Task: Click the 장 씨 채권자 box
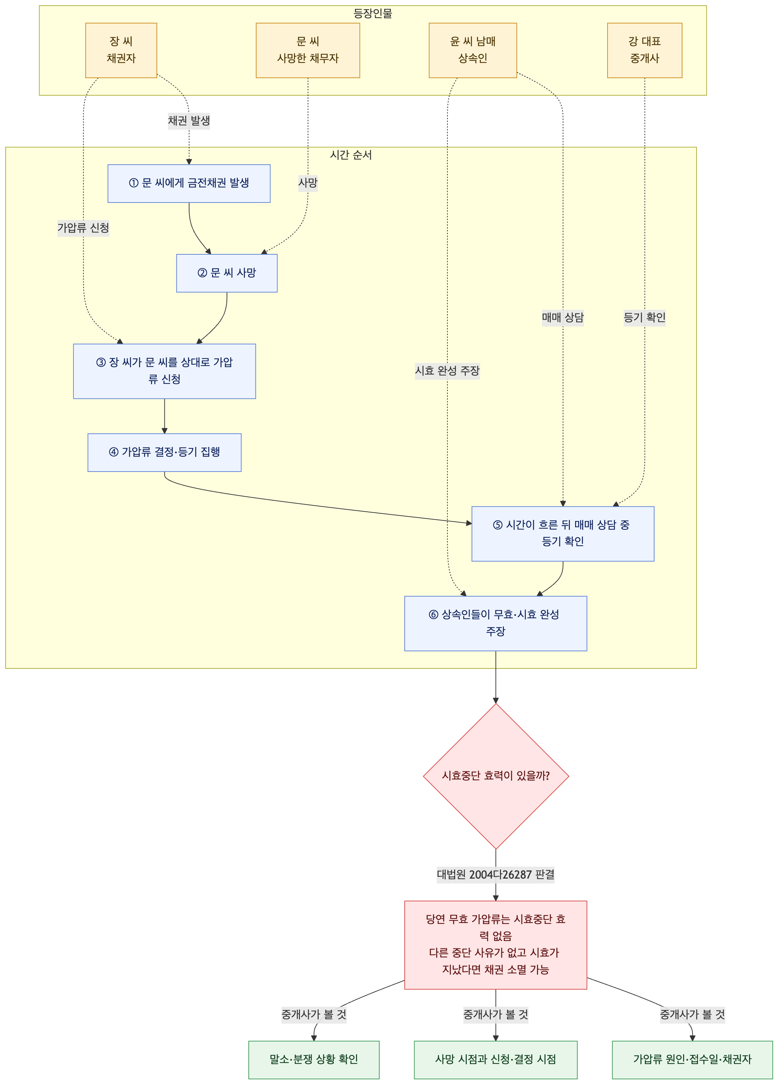(121, 50)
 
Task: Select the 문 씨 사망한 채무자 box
(308, 50)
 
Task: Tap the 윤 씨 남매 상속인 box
(472, 50)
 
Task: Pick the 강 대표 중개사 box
(644, 50)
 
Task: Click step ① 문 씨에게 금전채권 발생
(189, 183)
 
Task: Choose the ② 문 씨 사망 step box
(227, 273)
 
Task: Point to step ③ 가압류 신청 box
(164, 371)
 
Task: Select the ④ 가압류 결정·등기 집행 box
(164, 453)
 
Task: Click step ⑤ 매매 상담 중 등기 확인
(562, 534)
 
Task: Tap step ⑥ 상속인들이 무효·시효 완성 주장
(495, 624)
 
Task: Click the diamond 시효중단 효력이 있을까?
(495, 776)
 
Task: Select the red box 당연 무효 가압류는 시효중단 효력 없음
(495, 945)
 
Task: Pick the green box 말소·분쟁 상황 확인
(314, 1060)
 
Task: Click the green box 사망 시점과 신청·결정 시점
(495, 1060)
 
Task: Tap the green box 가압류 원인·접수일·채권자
(692, 1060)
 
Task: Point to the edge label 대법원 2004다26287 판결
(495, 874)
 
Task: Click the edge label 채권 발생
(189, 120)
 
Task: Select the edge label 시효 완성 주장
(447, 371)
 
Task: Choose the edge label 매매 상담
(562, 317)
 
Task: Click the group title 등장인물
(373, 13)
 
